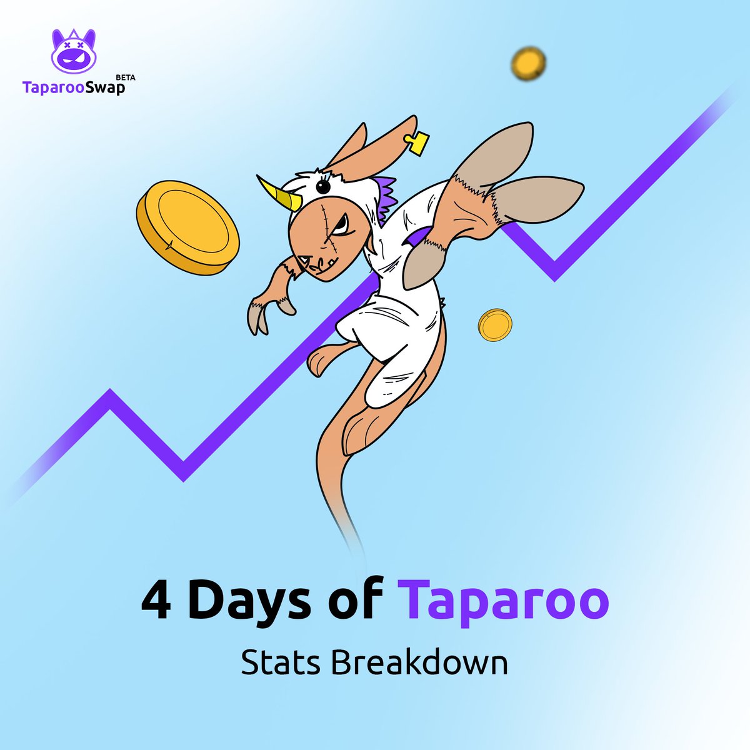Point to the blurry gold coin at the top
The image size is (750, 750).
(x=528, y=62)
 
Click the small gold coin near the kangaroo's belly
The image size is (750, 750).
(x=495, y=325)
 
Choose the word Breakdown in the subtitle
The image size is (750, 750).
(x=419, y=663)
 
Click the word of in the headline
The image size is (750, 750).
(x=358, y=601)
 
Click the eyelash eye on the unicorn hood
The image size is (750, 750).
(x=324, y=186)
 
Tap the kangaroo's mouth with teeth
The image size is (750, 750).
(x=319, y=265)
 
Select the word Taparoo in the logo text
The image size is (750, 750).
(x=54, y=87)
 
